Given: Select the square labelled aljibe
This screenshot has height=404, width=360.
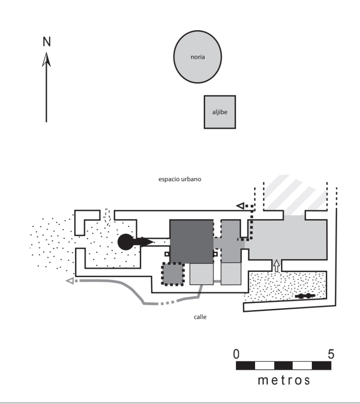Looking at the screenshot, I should [x=220, y=112].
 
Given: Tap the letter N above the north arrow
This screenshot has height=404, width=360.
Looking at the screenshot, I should [x=46, y=41].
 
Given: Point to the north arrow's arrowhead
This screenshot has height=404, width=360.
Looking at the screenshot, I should [x=46, y=59].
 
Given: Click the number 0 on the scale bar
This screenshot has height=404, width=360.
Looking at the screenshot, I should [x=237, y=354].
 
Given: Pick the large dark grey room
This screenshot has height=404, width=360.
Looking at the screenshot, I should [x=191, y=241].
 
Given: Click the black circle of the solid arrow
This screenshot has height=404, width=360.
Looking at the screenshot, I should [x=125, y=242].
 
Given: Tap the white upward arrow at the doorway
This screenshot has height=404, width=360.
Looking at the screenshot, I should [x=276, y=265].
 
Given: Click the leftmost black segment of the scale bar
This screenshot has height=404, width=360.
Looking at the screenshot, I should [x=245, y=366].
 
